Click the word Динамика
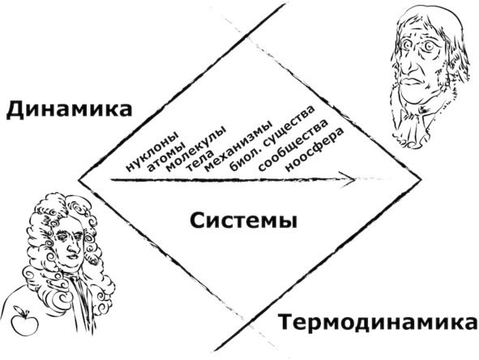(69, 110)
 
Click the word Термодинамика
(378, 323)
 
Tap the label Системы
(243, 221)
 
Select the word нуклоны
(152, 152)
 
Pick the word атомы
(165, 157)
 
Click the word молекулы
(196, 148)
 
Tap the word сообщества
(293, 145)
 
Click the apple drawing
(24, 321)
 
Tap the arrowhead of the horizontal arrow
(351, 179)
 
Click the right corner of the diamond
(421, 180)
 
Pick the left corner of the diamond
(79, 180)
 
